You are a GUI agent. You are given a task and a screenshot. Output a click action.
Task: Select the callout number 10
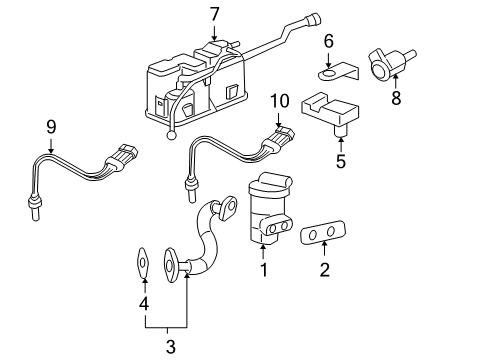point(279,100)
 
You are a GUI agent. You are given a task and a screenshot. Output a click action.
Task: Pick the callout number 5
point(341,160)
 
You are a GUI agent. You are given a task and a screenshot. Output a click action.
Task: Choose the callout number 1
point(263,269)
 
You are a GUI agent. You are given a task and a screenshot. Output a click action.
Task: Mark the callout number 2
point(323,269)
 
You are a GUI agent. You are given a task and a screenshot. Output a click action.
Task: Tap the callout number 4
point(144,303)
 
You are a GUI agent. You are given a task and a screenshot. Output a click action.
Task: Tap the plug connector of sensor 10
point(279,138)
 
